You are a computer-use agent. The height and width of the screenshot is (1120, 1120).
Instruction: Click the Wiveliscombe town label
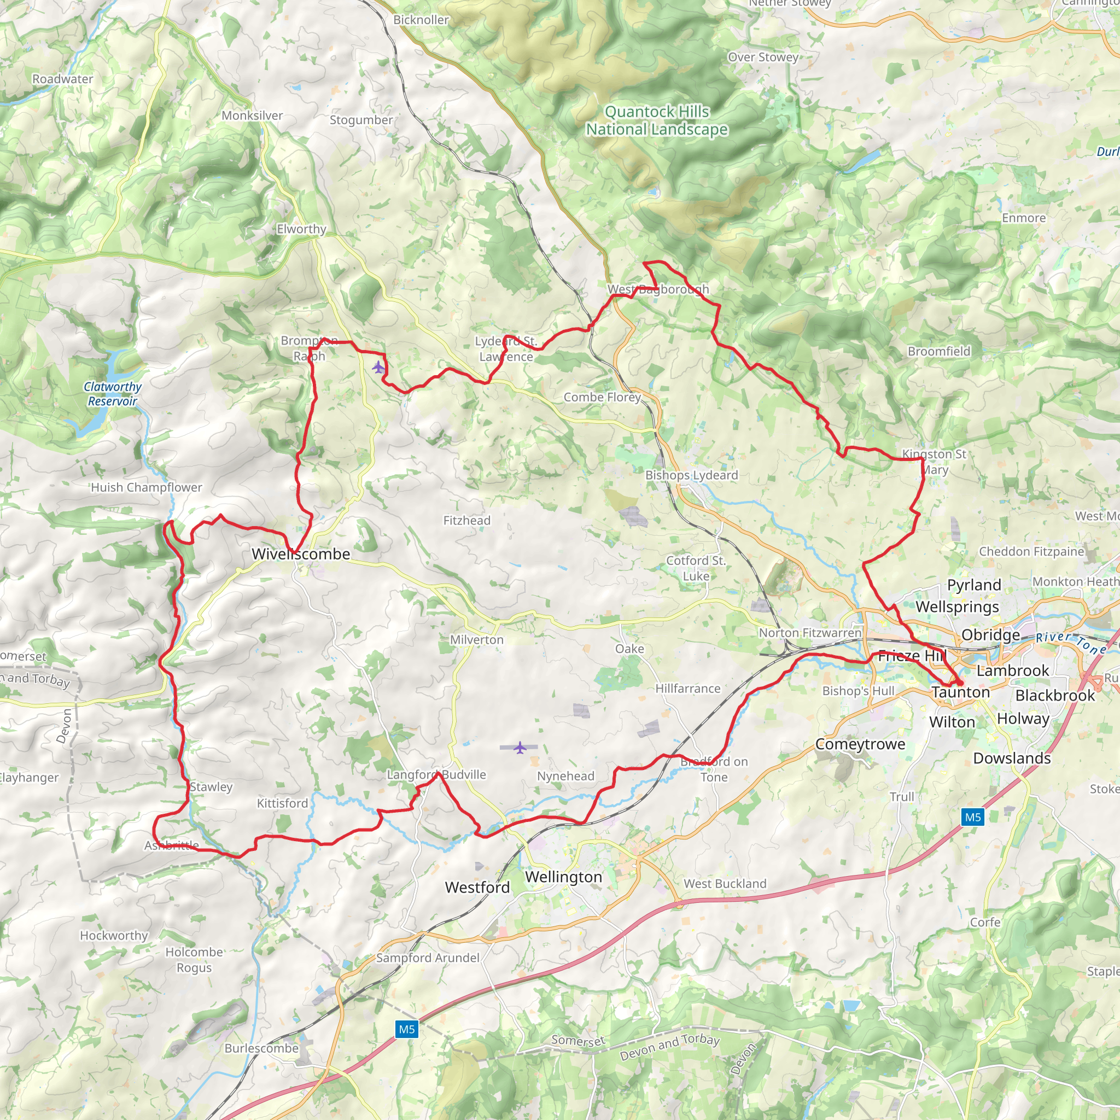pos(301,553)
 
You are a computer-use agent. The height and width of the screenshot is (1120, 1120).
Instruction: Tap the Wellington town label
pos(563,877)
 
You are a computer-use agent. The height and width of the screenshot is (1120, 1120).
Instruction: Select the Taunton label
pos(960,692)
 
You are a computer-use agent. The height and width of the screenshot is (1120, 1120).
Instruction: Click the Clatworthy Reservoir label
pos(113,394)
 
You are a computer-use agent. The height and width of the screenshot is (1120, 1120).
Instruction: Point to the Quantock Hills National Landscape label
pos(657,120)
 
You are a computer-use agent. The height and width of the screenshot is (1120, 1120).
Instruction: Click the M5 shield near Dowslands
pos(972,817)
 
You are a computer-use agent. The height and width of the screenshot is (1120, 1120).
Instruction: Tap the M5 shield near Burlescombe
pos(406,1029)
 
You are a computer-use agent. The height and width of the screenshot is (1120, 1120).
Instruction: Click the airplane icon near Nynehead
pos(520,747)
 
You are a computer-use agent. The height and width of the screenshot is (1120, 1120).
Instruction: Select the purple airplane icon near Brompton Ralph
pos(378,367)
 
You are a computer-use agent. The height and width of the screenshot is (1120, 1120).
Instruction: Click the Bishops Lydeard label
pos(692,475)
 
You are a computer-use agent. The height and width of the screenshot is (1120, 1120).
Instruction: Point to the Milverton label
pos(476,639)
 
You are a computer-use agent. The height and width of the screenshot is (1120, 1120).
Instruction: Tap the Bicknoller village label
pos(421,20)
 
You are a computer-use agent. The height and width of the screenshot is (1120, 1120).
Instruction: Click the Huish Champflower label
pos(147,487)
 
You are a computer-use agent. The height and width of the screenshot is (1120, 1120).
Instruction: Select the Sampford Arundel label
pos(428,958)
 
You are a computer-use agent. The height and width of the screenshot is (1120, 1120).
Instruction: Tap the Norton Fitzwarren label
pos(810,633)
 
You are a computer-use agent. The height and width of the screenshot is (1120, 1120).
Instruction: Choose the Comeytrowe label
pos(860,744)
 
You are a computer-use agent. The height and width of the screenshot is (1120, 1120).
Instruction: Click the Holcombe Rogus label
pos(194,959)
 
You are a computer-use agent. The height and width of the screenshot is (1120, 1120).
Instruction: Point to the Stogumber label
pos(361,120)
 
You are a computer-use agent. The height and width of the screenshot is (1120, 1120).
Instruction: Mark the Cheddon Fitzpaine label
pos(1031,551)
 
